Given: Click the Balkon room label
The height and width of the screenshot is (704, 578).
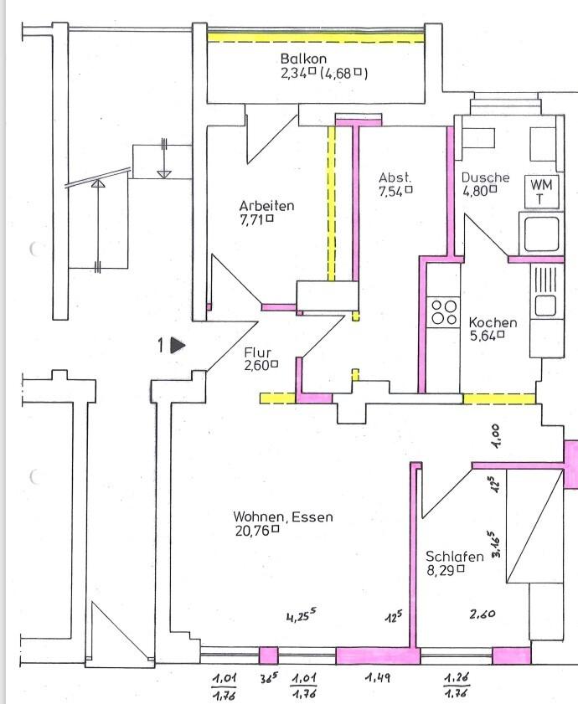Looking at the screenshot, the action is (x=302, y=59).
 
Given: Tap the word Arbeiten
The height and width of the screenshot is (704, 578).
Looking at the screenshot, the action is (x=266, y=205).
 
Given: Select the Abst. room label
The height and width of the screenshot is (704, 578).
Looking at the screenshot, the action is (x=395, y=177).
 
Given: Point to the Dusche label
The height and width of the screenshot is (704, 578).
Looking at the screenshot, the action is (x=485, y=177).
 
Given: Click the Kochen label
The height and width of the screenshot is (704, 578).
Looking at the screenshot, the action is (x=493, y=322).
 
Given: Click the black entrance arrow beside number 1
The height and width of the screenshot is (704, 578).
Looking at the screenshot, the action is (x=177, y=344).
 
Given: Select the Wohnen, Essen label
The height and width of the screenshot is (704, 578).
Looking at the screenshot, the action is (x=282, y=516).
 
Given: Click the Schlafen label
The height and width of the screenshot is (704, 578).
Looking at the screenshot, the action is (x=455, y=557).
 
